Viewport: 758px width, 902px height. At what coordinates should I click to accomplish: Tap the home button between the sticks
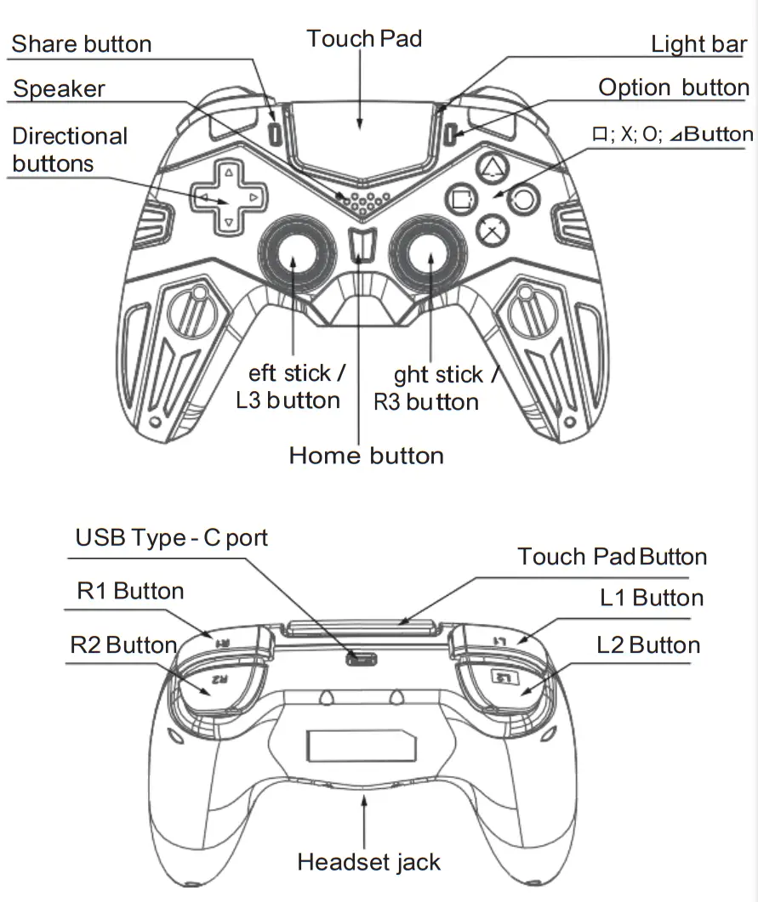(x=363, y=245)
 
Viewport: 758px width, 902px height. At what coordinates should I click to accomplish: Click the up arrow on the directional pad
(x=227, y=172)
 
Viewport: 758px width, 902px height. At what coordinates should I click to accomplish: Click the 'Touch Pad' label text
(x=364, y=38)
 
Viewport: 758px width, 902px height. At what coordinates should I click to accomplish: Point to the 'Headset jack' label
(x=368, y=862)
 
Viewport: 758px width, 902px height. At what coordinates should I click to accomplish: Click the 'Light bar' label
(x=698, y=44)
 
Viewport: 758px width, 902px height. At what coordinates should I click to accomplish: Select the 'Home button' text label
(x=366, y=455)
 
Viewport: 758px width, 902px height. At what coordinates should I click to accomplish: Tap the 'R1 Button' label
(x=130, y=591)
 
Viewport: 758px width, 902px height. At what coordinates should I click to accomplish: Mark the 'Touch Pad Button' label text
(x=612, y=557)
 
